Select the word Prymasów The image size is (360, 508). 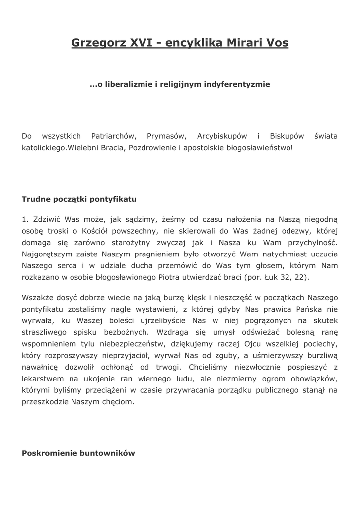pyautogui.click(x=166, y=136)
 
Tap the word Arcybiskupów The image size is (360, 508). pyautogui.click(x=222, y=136)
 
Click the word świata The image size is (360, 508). pyautogui.click(x=326, y=136)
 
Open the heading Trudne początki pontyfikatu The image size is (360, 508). pyautogui.click(x=79, y=200)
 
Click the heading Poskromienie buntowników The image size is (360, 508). pyautogui.click(x=78, y=453)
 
